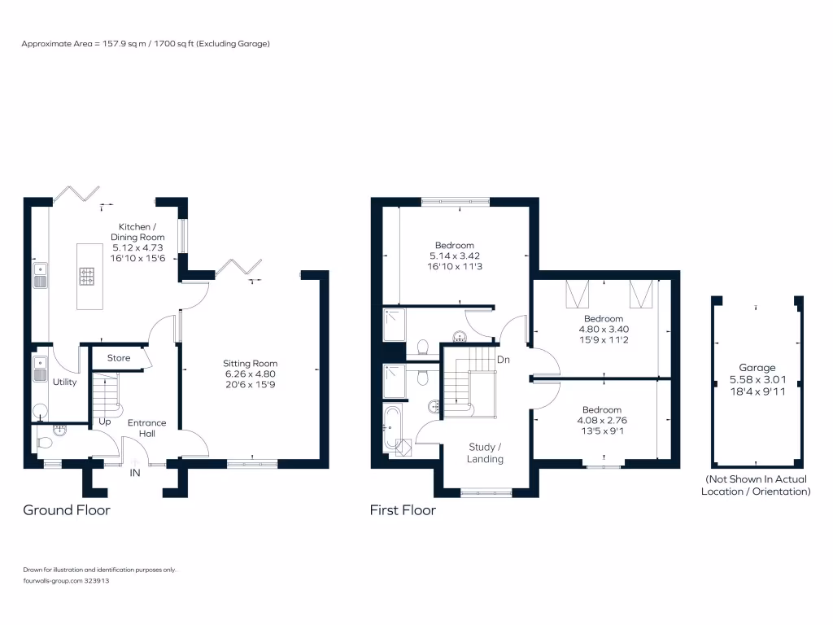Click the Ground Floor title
point(67,510)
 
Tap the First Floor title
point(403,510)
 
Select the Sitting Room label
point(251,364)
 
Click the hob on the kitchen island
point(87,277)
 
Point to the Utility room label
point(64,382)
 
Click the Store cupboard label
point(119,358)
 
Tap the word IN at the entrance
point(135,473)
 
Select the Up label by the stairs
point(105,422)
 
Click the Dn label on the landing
point(503,360)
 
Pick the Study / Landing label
point(485,452)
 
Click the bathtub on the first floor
point(391,428)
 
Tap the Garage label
point(757,368)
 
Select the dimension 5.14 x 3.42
point(455,256)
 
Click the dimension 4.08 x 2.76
point(602,421)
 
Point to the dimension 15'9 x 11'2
point(604,340)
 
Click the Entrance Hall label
point(146,428)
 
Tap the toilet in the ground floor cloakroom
point(44,442)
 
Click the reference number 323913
point(97,581)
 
